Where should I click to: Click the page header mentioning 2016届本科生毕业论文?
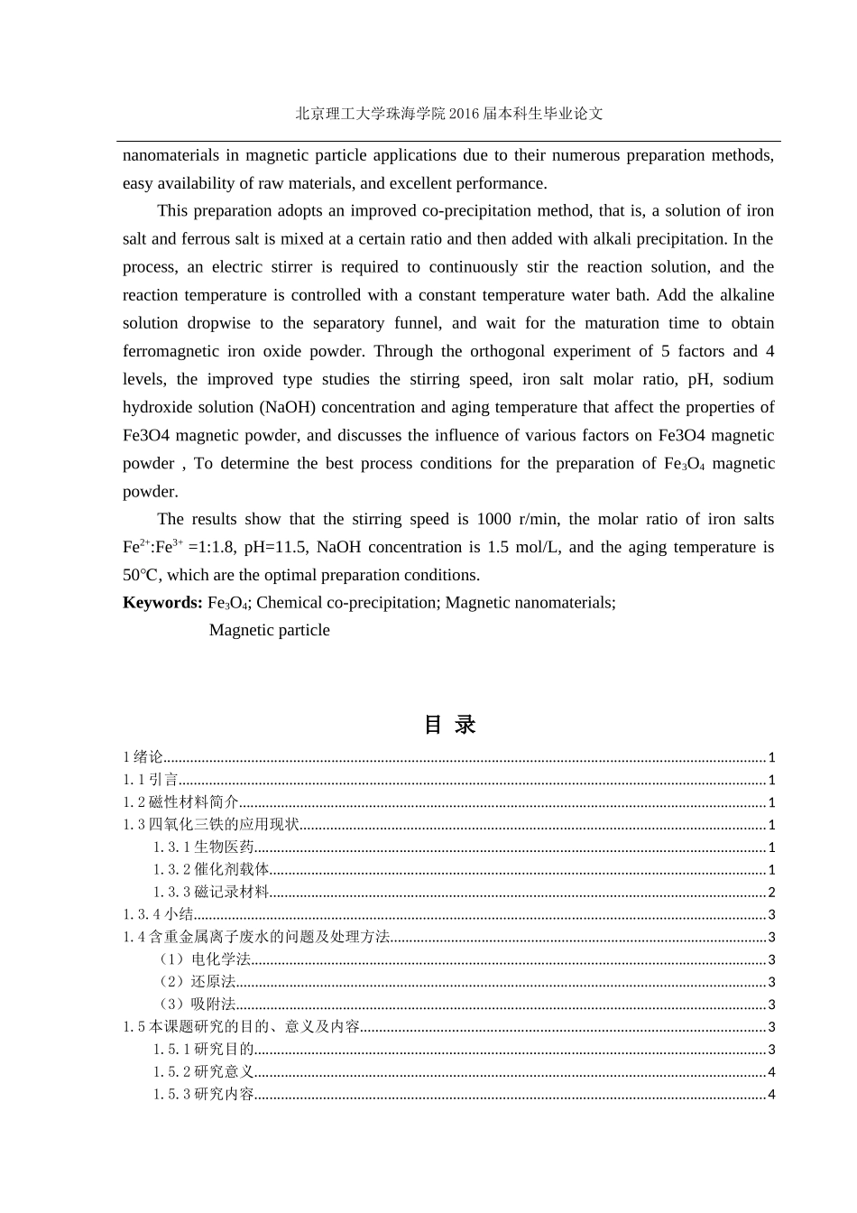pyautogui.click(x=448, y=114)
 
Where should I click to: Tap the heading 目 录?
pyautogui.click(x=449, y=725)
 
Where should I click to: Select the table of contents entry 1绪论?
pyautogui.click(x=143, y=757)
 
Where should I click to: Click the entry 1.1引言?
pyautogui.click(x=151, y=780)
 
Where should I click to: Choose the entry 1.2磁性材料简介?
pyautogui.click(x=180, y=802)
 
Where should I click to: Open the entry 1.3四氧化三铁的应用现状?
pyautogui.click(x=210, y=825)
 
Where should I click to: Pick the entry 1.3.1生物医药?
pyautogui.click(x=203, y=847)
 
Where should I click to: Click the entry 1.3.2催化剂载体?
pyautogui.click(x=210, y=870)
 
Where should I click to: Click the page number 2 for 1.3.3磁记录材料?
pyautogui.click(x=771, y=893)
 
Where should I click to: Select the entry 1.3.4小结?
pyautogui.click(x=158, y=915)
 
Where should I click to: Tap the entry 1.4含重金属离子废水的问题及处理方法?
pyautogui.click(x=256, y=937)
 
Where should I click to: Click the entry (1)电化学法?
pyautogui.click(x=202, y=959)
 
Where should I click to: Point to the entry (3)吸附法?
pyautogui.click(x=195, y=1005)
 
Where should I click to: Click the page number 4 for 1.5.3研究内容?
pyautogui.click(x=771, y=1095)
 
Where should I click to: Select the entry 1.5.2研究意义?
pyautogui.click(x=203, y=1072)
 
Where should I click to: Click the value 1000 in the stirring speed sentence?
pyautogui.click(x=493, y=519)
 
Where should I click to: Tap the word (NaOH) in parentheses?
pyautogui.click(x=288, y=407)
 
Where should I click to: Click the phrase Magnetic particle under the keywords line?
pyautogui.click(x=269, y=631)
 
